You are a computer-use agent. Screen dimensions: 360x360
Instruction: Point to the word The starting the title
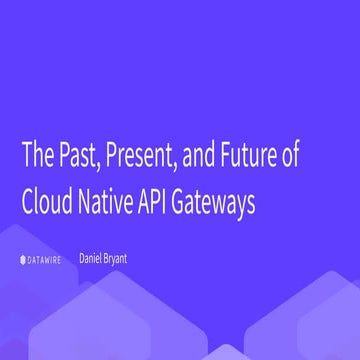tap(34, 159)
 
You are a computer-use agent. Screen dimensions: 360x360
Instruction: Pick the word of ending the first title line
tap(306, 159)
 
